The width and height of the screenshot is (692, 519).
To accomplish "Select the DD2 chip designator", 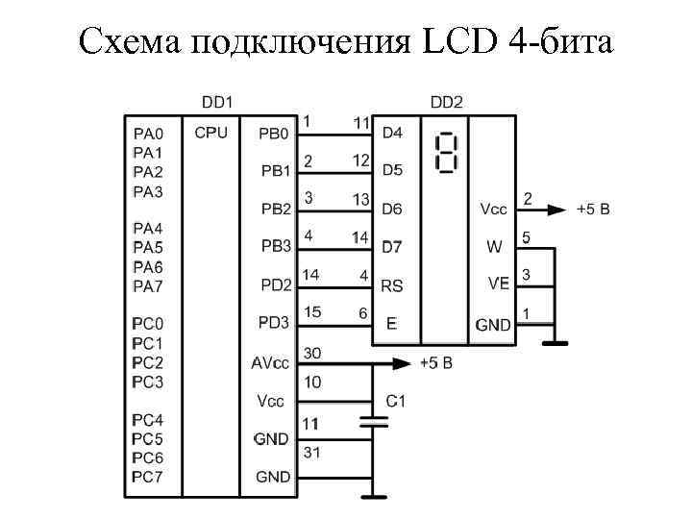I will click(x=447, y=101).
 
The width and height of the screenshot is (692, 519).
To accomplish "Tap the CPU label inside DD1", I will click(x=210, y=133).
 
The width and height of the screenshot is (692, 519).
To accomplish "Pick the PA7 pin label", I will click(x=148, y=285).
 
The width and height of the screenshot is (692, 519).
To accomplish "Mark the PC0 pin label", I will click(x=148, y=324).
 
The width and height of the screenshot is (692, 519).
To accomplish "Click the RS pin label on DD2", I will click(x=392, y=285).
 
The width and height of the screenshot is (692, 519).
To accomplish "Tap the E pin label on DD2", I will click(x=390, y=324).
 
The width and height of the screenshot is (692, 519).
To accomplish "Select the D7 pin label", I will click(x=392, y=247).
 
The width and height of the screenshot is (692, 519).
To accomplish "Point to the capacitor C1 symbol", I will click(x=373, y=420).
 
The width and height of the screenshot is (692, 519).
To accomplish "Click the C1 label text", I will click(x=396, y=401).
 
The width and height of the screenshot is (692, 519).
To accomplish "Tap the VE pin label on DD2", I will click(x=498, y=284).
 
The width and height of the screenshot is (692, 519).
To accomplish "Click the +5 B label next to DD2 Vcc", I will click(x=593, y=209).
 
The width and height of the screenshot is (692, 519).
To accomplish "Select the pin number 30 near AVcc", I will click(x=312, y=353).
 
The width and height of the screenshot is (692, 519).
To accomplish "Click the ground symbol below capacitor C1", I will click(x=373, y=496).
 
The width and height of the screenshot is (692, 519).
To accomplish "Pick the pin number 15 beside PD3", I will click(x=312, y=312).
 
